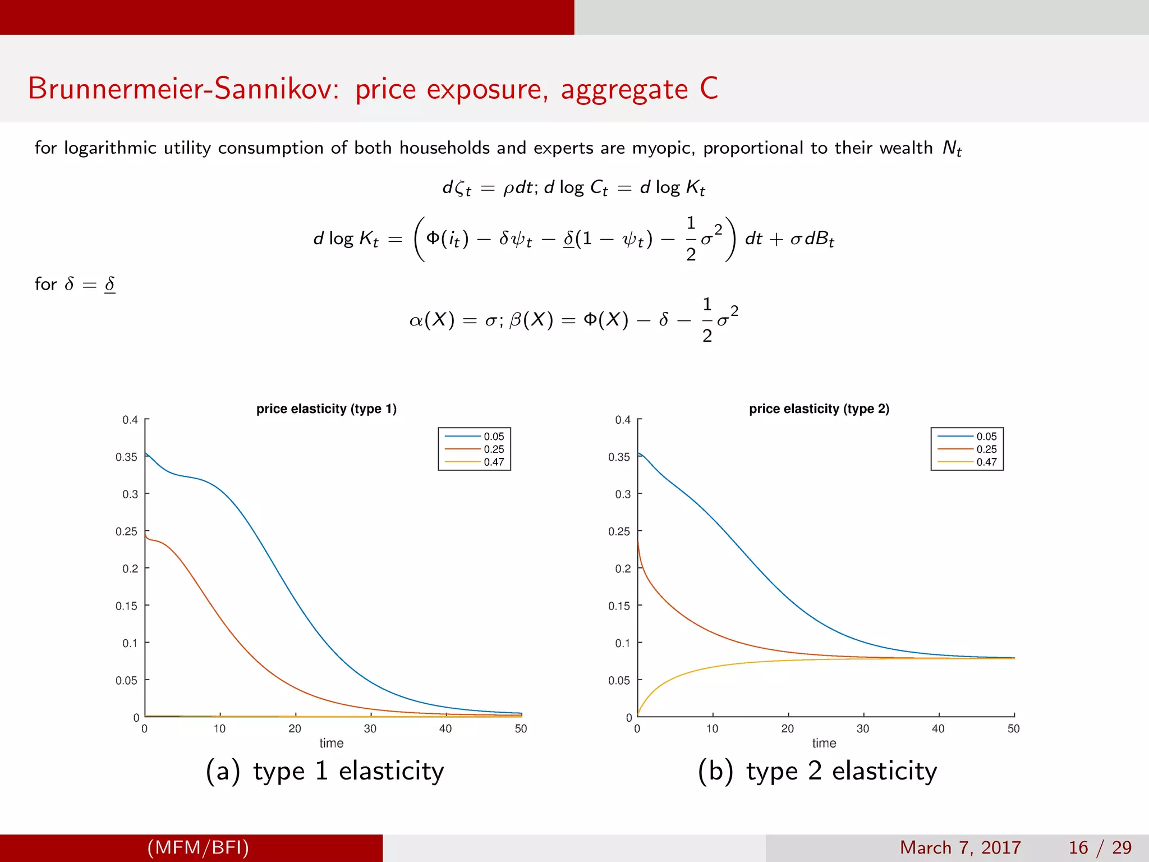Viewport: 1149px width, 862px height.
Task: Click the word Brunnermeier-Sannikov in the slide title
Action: point(183,89)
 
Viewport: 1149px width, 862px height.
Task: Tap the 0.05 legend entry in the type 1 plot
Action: point(494,437)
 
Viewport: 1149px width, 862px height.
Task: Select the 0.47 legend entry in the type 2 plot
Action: point(986,462)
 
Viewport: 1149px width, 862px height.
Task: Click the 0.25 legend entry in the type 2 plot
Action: point(986,450)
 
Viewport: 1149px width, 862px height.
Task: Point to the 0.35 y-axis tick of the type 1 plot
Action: point(127,457)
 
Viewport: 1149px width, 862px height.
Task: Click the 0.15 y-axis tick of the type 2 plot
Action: point(619,606)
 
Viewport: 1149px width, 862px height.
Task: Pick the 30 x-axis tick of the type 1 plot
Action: point(370,728)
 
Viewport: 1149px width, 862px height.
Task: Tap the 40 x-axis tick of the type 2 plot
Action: point(938,728)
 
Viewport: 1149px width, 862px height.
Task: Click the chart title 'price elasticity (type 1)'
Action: point(327,409)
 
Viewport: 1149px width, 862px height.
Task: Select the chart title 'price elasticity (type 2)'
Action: point(819,409)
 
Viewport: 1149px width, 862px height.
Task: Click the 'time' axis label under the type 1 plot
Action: point(332,743)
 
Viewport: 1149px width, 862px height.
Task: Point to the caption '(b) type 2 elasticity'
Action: point(817,771)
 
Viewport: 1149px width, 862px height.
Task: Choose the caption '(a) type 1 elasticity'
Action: point(325,771)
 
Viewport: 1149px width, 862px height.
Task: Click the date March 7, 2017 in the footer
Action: point(960,847)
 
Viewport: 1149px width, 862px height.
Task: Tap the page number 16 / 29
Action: point(1100,847)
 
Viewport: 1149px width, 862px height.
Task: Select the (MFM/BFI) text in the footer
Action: point(198,847)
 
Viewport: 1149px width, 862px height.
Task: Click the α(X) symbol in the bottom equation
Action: point(431,320)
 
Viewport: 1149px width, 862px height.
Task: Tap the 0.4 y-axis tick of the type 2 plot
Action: point(623,420)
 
